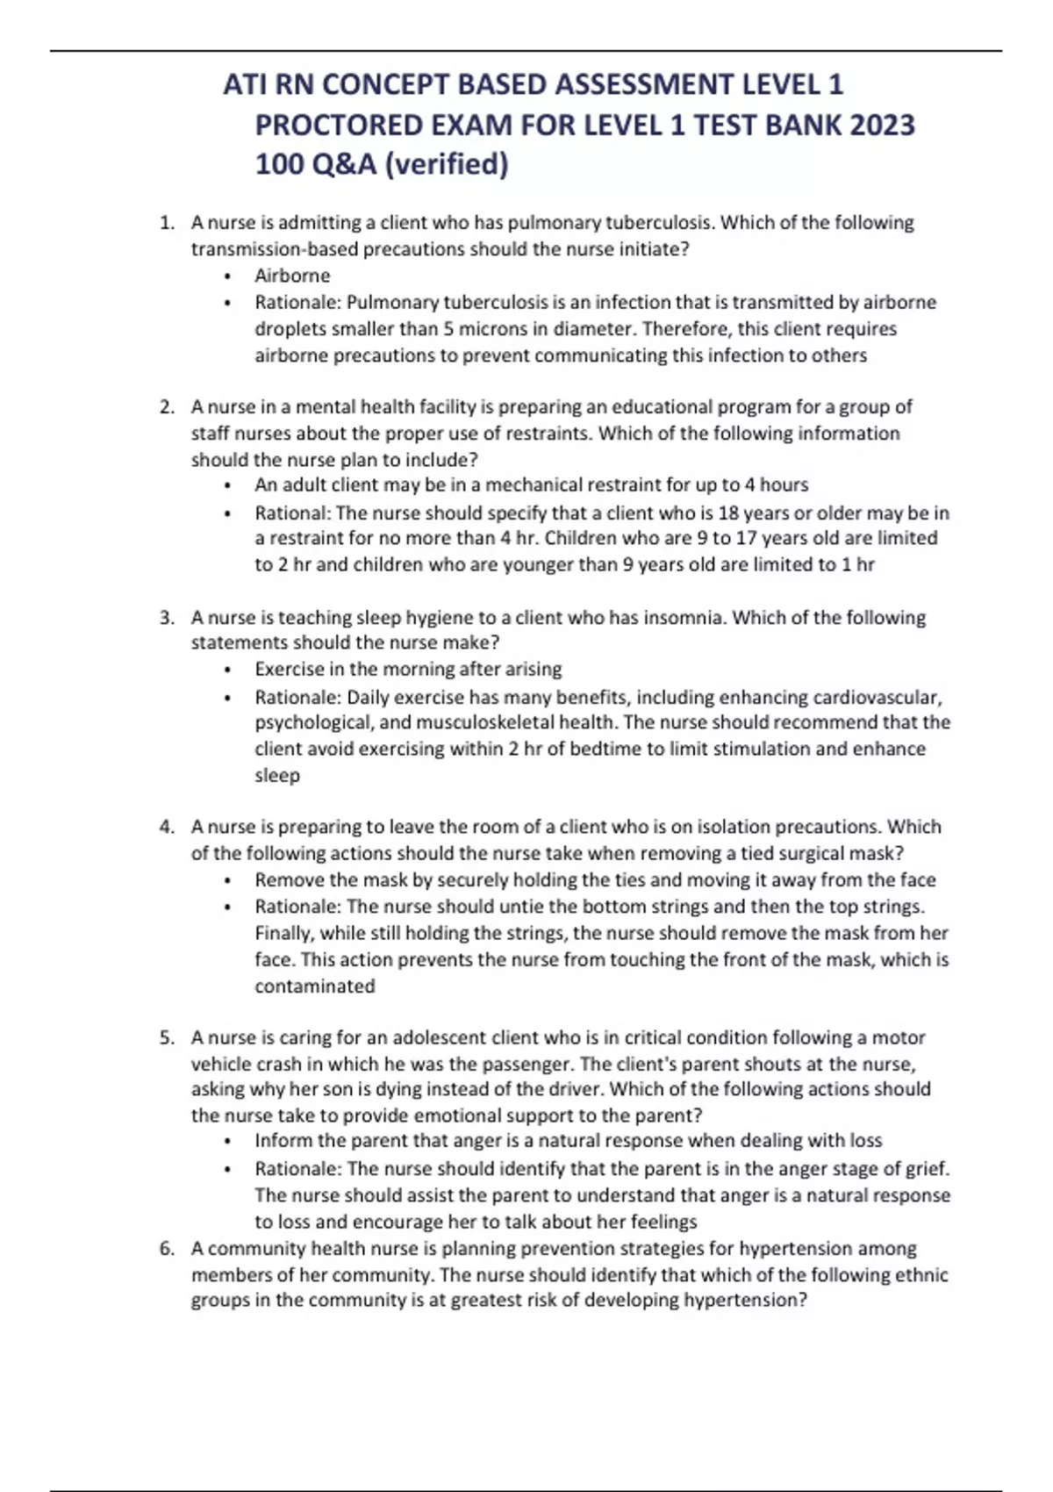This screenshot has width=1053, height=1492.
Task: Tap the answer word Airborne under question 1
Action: point(292,276)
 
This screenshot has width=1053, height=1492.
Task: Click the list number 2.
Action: point(166,407)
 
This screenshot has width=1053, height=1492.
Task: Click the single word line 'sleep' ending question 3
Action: point(277,776)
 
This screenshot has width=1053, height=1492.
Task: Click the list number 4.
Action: point(166,828)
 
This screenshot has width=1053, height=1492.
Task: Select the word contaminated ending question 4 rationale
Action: point(314,986)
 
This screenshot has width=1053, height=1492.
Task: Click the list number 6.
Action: point(166,1249)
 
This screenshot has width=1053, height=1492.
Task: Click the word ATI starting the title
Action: point(245,85)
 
